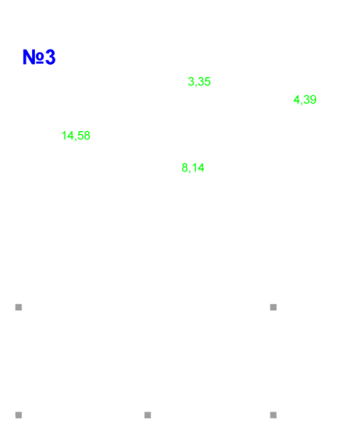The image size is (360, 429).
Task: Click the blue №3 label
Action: coord(39,57)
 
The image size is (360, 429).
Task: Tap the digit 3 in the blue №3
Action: coord(51,57)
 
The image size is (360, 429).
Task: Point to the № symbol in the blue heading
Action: coord(34,57)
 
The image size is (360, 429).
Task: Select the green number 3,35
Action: coord(199,82)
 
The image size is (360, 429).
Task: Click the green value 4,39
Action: coord(305,100)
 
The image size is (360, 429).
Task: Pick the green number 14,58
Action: coord(76,136)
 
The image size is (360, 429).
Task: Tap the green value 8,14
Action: coord(192,168)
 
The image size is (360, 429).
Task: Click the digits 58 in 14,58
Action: coord(84,136)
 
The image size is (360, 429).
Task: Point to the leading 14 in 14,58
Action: coord(68,136)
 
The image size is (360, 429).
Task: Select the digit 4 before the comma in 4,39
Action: coord(296,100)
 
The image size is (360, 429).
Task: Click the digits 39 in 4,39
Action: coord(310,100)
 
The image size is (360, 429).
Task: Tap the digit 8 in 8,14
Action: coord(185,168)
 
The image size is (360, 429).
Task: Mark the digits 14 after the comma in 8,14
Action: coord(198,168)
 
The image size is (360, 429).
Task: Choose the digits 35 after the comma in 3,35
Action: coord(204,82)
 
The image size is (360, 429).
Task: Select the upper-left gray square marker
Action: coord(19,307)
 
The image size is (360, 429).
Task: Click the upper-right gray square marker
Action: coord(274,307)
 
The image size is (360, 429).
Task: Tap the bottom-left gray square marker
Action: coord(19,415)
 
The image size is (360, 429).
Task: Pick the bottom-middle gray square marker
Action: coord(147,415)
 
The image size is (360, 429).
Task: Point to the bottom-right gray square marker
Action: coord(274,415)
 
